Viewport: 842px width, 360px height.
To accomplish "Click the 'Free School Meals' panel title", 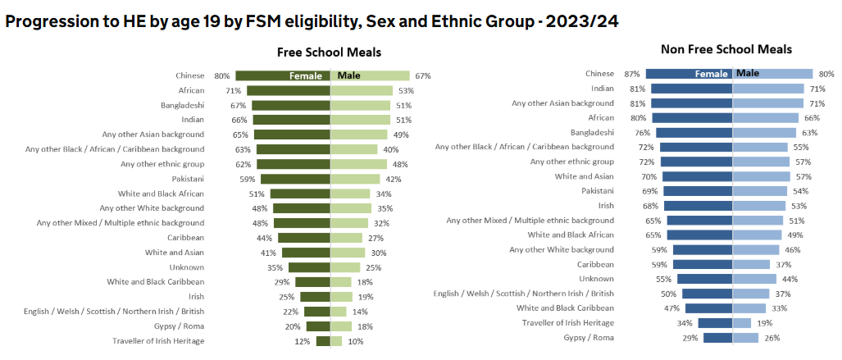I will coord(329,52).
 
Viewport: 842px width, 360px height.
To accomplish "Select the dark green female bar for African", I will coord(288,90).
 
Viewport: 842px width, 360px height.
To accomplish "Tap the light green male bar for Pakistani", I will coord(355,179).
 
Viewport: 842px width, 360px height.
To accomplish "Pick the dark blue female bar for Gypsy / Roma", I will coord(717,338).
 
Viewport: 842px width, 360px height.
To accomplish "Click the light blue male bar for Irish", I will coord(758,205).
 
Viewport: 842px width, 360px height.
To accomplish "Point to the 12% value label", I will coord(303,341).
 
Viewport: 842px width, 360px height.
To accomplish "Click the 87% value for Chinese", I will coord(631,73).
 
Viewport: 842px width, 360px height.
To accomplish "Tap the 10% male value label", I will coord(356,341).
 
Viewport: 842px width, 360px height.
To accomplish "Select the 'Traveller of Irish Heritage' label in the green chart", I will coord(158,341).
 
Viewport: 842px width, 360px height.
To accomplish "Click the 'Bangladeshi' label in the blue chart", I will coord(592,132).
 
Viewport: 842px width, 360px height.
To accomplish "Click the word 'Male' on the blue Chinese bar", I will coord(748,73).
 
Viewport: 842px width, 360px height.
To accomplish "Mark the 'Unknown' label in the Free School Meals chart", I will coord(187,267).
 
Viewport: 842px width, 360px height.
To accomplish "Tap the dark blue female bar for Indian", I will coord(691,88).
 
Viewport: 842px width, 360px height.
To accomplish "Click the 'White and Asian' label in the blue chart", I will coord(585,176).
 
